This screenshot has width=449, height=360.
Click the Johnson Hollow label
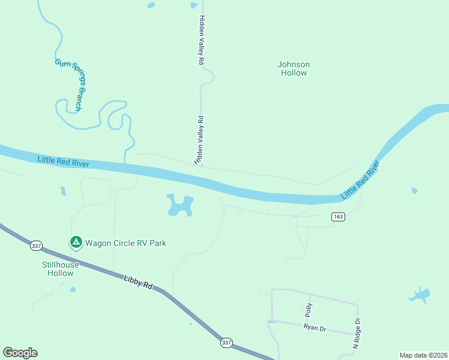293,68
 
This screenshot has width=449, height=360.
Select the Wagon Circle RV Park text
125,243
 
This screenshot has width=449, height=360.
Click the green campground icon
76,242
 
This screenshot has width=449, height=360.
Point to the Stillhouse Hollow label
61,269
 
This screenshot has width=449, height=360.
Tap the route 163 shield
338,217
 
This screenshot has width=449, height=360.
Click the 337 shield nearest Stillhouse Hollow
36,245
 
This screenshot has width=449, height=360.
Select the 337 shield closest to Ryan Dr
226,343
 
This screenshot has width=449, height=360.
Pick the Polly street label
309,310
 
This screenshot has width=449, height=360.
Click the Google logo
20,353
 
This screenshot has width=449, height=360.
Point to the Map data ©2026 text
423,355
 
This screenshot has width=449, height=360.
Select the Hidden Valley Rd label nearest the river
199,140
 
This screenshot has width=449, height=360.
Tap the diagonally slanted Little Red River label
361,179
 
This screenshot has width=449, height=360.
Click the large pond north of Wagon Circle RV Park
180,206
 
